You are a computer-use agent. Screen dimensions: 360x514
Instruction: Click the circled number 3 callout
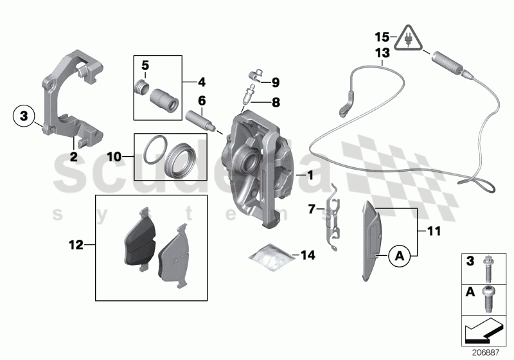point(23,116)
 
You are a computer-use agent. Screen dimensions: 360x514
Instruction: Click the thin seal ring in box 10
point(152,152)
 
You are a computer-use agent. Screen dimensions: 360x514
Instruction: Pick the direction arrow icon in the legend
point(486,330)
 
